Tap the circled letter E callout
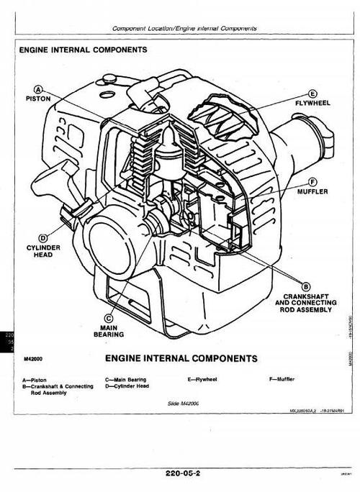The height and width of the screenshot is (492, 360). click(x=312, y=94)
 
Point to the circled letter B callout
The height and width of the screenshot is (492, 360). click(x=305, y=286)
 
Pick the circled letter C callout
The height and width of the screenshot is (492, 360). click(x=109, y=317)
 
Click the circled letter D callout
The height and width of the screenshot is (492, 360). click(x=43, y=237)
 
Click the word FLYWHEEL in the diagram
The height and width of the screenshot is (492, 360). click(x=312, y=104)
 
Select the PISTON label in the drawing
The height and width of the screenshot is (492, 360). click(x=39, y=97)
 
